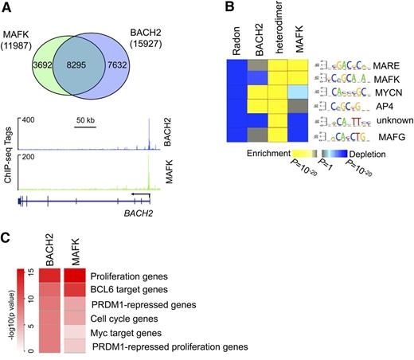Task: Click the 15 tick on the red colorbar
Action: [x=26, y=272]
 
